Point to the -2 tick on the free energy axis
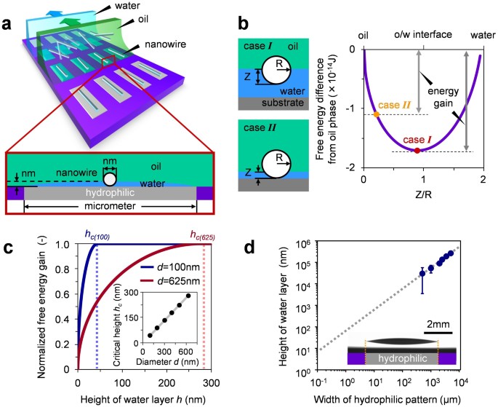tap(352, 167)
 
